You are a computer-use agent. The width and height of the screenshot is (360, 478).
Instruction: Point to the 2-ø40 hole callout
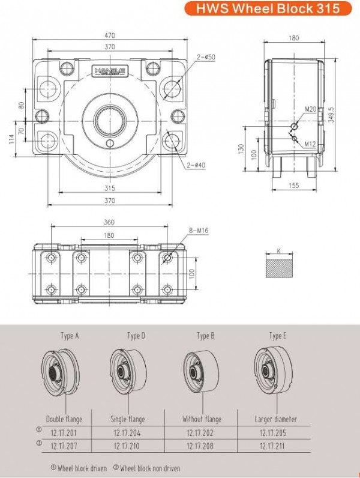[x=196, y=165]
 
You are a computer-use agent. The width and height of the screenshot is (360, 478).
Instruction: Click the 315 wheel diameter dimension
[x=110, y=188]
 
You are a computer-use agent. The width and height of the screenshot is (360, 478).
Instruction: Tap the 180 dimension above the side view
[x=293, y=38]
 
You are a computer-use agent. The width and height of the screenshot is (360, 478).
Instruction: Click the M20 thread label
[x=310, y=109]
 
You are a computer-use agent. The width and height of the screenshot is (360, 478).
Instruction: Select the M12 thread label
[x=310, y=144]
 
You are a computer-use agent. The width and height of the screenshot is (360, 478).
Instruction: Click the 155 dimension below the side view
[x=293, y=186]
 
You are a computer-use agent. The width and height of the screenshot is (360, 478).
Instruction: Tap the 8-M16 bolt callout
[x=199, y=230]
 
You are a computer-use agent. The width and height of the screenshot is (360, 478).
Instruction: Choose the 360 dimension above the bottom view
[x=109, y=222]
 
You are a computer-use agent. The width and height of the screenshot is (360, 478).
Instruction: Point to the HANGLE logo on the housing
[x=109, y=70]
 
